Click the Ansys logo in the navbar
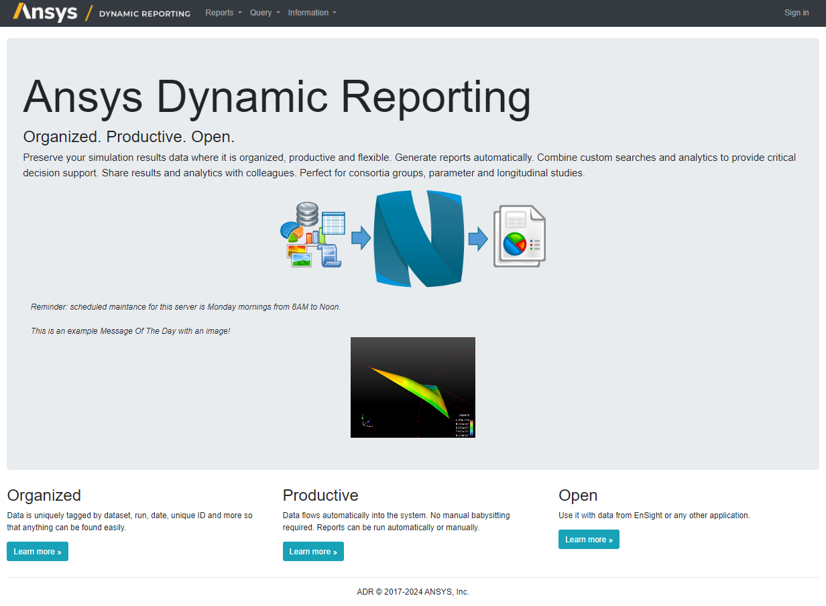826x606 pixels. point(46,12)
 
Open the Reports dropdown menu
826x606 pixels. point(223,13)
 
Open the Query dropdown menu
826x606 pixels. point(265,13)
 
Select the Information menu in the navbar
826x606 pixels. point(312,13)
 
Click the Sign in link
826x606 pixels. point(796,13)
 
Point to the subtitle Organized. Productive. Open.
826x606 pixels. point(129,137)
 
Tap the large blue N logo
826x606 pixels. point(418,239)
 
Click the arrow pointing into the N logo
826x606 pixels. point(361,238)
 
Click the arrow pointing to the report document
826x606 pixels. point(477,238)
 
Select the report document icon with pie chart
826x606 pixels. point(519,237)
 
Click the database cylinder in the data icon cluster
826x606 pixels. point(307,215)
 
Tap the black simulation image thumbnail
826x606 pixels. point(412,387)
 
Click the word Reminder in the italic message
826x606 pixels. point(49,307)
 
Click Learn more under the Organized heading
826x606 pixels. point(38,552)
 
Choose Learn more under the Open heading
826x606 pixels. point(589,540)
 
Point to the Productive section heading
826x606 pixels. point(320,495)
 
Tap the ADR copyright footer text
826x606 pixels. point(413,592)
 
